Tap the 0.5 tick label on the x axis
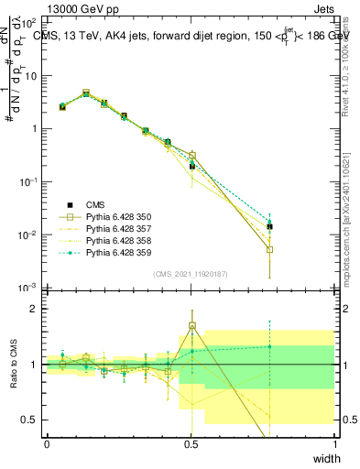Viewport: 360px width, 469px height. pos(191,444)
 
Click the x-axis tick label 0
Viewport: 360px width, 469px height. pos(47,444)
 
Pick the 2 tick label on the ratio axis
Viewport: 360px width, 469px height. pos(34,309)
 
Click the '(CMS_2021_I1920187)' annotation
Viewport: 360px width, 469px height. pos(190,274)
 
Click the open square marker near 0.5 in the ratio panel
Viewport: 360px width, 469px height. pos(191,325)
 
